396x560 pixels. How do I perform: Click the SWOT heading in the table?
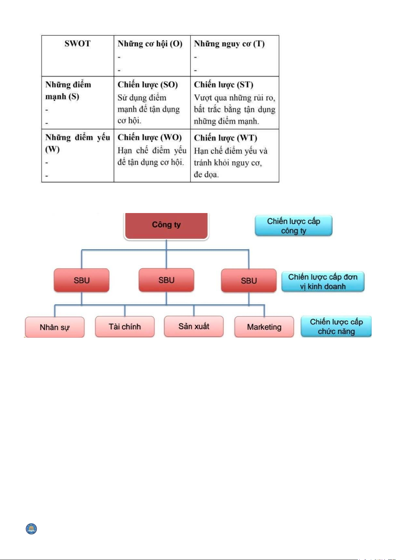[x=77, y=44]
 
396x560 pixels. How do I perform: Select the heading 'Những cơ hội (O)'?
[x=150, y=44]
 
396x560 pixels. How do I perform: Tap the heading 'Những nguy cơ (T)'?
[x=229, y=44]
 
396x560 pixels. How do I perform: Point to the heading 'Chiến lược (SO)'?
[x=148, y=85]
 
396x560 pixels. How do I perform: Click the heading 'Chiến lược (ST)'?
[x=224, y=85]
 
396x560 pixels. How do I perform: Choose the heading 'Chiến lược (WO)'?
[x=149, y=138]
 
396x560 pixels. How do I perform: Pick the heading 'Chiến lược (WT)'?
[x=226, y=138]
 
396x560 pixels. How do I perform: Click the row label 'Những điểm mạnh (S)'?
[x=68, y=90]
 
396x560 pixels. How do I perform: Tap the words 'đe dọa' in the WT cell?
[x=206, y=174]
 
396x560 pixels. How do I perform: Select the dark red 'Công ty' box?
[x=166, y=225]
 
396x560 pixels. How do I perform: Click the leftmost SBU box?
[x=82, y=280]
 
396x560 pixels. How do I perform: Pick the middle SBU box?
[x=166, y=280]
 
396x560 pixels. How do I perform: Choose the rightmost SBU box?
[x=249, y=281]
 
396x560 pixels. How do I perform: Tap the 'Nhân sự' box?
[x=55, y=327]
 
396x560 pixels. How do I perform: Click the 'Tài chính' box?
[x=125, y=327]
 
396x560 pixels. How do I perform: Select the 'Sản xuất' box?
[x=194, y=326]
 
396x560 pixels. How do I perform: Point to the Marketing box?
[x=264, y=327]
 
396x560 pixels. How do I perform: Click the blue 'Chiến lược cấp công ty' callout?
[x=294, y=226]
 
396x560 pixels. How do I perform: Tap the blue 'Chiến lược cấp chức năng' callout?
[x=336, y=326]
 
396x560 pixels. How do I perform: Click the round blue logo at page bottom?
[x=32, y=529]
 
